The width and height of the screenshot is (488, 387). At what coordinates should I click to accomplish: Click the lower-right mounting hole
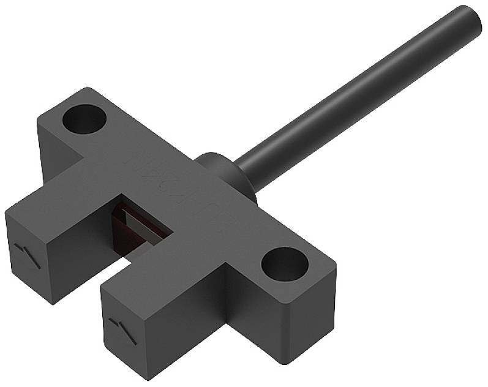coord(284,264)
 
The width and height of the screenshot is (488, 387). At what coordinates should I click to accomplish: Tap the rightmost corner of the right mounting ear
coord(336,264)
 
